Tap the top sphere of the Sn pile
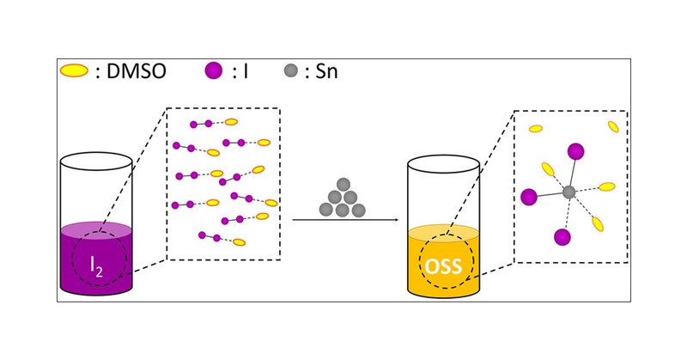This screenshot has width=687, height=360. point(343,184)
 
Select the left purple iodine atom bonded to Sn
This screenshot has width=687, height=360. point(529,197)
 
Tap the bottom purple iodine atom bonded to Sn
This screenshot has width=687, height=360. point(563,236)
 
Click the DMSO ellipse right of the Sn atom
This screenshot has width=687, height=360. point(606,186)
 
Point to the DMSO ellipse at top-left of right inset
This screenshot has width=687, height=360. point(535,129)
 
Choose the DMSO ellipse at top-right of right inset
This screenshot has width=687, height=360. point(613,126)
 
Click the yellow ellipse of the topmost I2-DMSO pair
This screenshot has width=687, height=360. point(231,122)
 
